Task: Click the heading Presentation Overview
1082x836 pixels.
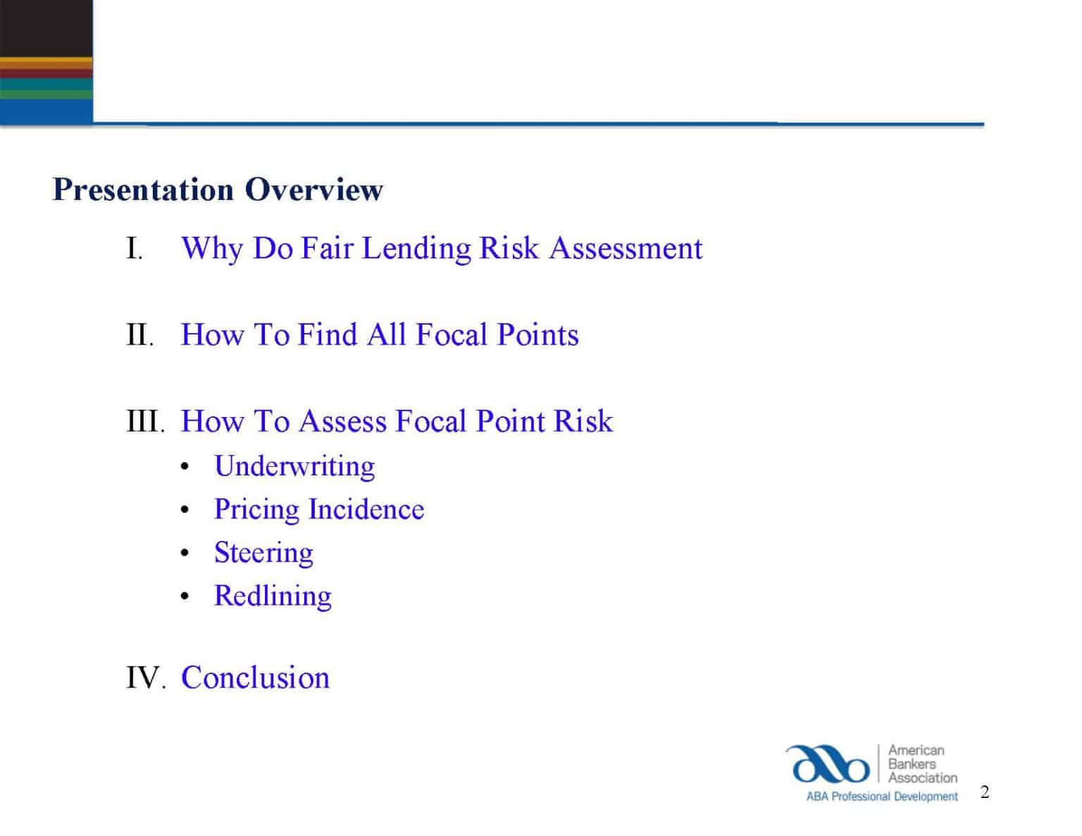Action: click(x=218, y=189)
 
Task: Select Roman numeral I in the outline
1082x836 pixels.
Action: click(x=134, y=249)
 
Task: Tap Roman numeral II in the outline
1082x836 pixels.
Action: click(x=139, y=335)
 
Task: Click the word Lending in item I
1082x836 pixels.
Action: click(x=416, y=249)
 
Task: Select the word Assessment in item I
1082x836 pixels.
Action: click(x=626, y=249)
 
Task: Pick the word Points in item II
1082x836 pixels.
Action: click(x=537, y=335)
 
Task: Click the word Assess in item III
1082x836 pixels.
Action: click(x=343, y=422)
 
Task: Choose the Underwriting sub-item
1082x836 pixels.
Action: click(x=294, y=466)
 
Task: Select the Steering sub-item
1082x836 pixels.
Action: click(x=263, y=553)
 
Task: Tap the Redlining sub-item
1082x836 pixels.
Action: click(x=273, y=596)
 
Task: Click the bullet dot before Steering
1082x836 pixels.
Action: click(x=185, y=554)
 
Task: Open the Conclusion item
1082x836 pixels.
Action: click(x=255, y=678)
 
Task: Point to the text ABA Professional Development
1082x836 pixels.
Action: click(x=882, y=797)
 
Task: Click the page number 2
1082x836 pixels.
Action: click(x=985, y=792)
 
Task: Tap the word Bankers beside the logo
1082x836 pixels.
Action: click(x=912, y=764)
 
